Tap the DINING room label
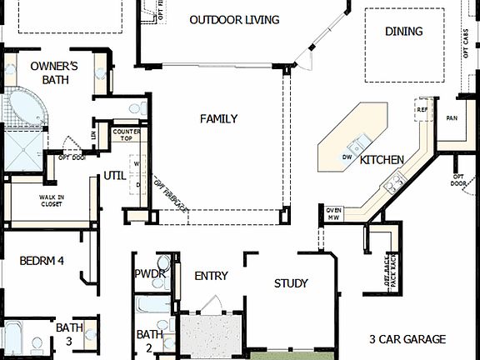pos(403,31)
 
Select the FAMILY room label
pos(218,119)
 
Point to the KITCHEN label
pos(382,159)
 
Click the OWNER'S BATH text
pos(54,72)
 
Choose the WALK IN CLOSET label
pos(52,201)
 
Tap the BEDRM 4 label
pos(42,261)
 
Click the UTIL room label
pos(114,175)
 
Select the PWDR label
pos(150,274)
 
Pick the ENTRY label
pos(210,277)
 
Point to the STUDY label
pos(291,283)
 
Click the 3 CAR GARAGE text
pos(407,339)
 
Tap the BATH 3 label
pos(69,334)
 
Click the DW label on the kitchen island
pos(347,157)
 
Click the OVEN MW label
pos(334,214)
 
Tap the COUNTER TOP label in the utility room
pos(126,136)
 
